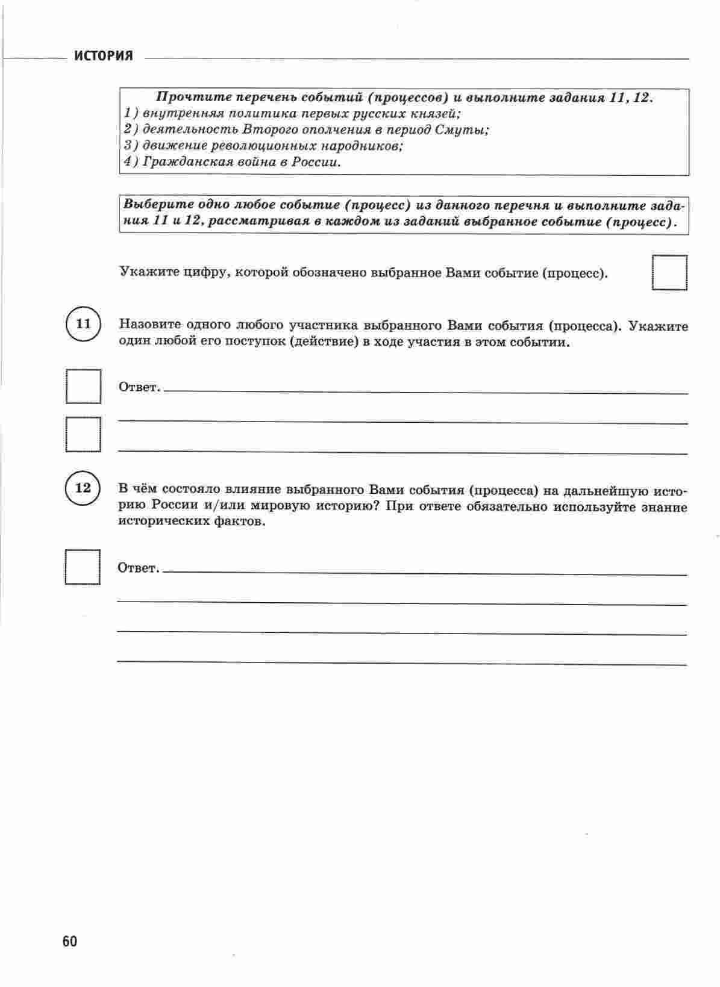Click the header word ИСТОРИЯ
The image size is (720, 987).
click(103, 57)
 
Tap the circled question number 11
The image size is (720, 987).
click(83, 324)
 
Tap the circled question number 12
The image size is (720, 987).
click(83, 488)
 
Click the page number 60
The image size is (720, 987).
click(69, 941)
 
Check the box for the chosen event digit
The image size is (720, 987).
click(670, 273)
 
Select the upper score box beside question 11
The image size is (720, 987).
click(83, 386)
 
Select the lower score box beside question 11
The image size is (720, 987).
click(83, 434)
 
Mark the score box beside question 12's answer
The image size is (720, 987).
click(83, 567)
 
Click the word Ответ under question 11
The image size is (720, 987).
click(139, 387)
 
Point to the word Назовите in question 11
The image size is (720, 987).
click(149, 325)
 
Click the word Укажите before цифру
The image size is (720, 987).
click(146, 273)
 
